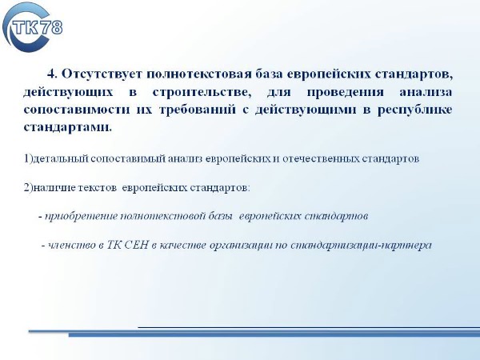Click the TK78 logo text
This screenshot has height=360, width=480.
tap(37, 27)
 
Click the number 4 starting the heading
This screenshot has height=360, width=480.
tap(52, 74)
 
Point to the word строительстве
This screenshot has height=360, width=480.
tap(202, 92)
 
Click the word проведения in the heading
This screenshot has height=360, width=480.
tap(346, 93)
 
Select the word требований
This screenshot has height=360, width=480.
tap(198, 110)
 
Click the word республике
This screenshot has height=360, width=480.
tap(414, 110)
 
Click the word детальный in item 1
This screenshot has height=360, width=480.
tap(61, 158)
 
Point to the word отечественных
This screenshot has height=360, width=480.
tap(320, 159)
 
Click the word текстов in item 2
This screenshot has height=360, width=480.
tap(97, 188)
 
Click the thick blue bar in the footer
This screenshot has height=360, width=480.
tap(274, 334)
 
